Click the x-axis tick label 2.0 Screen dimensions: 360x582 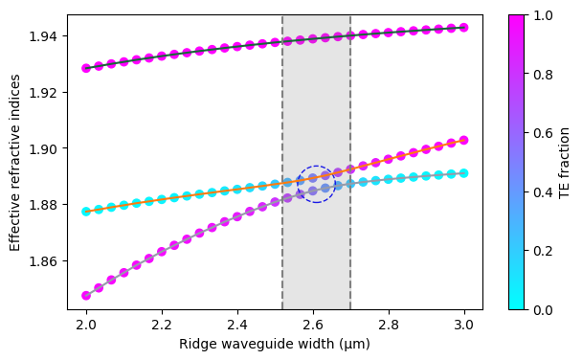(x=86, y=326)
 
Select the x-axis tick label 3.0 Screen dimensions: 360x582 (x=464, y=326)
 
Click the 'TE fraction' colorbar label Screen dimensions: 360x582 (x=565, y=162)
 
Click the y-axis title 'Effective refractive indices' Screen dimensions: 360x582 (x=15, y=162)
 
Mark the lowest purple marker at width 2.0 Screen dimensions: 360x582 (x=86, y=296)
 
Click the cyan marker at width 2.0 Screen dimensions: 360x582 (x=86, y=212)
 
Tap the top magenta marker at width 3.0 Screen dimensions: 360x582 (x=464, y=28)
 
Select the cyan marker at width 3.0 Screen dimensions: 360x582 (x=464, y=173)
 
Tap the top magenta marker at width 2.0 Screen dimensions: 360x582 (x=86, y=68)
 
